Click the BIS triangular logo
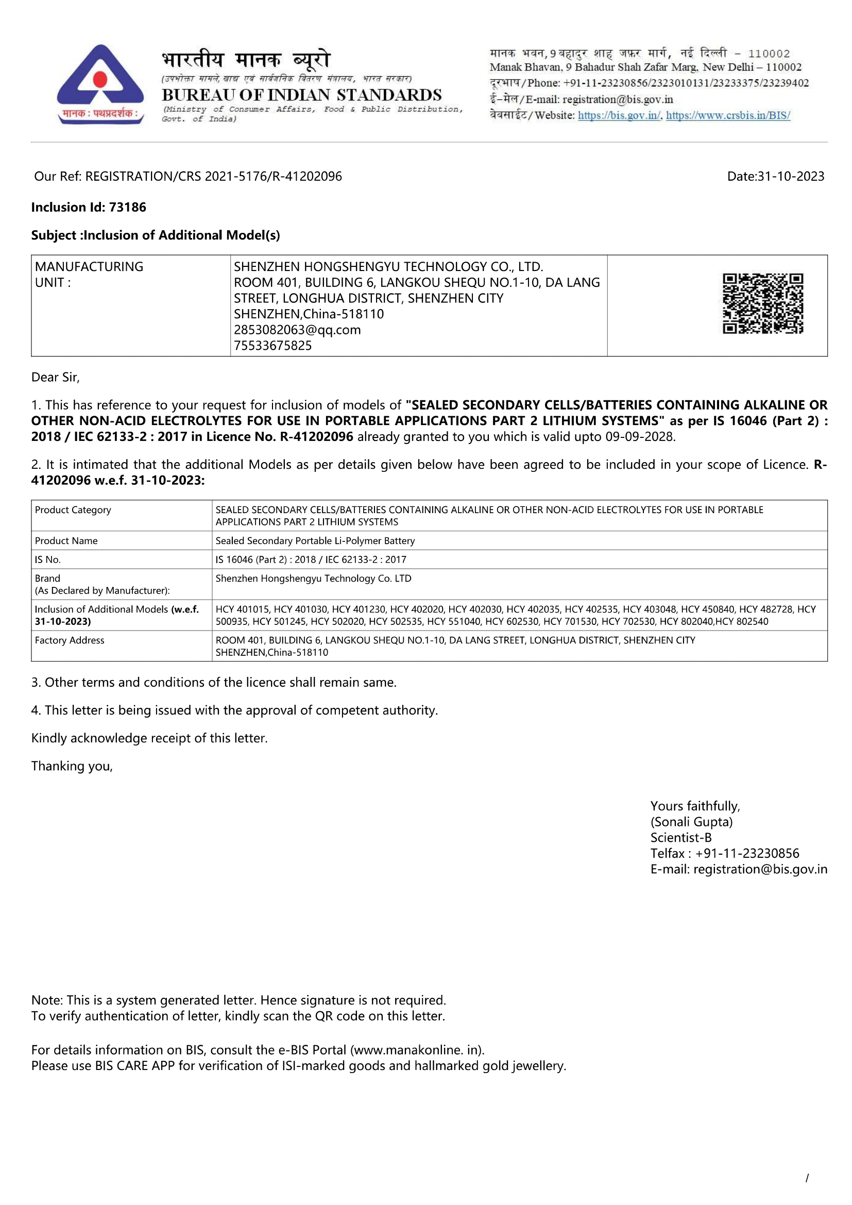click(x=100, y=84)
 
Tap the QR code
click(x=763, y=303)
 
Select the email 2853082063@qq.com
click(x=297, y=330)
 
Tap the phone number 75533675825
click(x=273, y=345)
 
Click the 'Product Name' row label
click(x=66, y=540)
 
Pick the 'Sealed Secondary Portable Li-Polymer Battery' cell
click(x=315, y=540)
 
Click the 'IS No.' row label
click(x=48, y=559)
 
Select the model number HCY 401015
click(x=243, y=609)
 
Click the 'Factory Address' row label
click(x=69, y=640)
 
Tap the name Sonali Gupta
click(x=691, y=822)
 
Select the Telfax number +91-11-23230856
click(x=747, y=853)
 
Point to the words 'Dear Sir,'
click(x=55, y=377)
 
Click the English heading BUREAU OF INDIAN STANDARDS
click(x=302, y=95)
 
